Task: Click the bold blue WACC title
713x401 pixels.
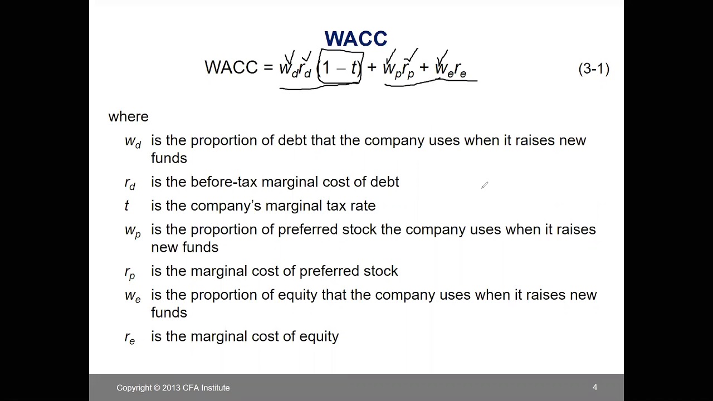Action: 355,39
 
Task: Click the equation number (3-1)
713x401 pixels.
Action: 594,69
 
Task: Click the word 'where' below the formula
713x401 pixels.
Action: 128,116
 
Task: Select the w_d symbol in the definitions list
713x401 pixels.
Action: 133,141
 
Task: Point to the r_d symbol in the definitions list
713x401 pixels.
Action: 130,183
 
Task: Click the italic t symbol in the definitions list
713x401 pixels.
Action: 126,206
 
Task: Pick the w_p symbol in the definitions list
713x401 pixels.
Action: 133,231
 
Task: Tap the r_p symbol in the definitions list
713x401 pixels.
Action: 130,272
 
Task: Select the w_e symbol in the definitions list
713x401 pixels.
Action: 133,296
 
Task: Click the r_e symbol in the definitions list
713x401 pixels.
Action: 130,338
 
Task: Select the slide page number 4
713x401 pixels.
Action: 595,387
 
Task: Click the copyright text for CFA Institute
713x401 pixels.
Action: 173,388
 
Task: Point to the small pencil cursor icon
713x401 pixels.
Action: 485,185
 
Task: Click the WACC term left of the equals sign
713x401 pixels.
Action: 231,68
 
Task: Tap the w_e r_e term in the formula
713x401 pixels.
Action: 450,70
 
